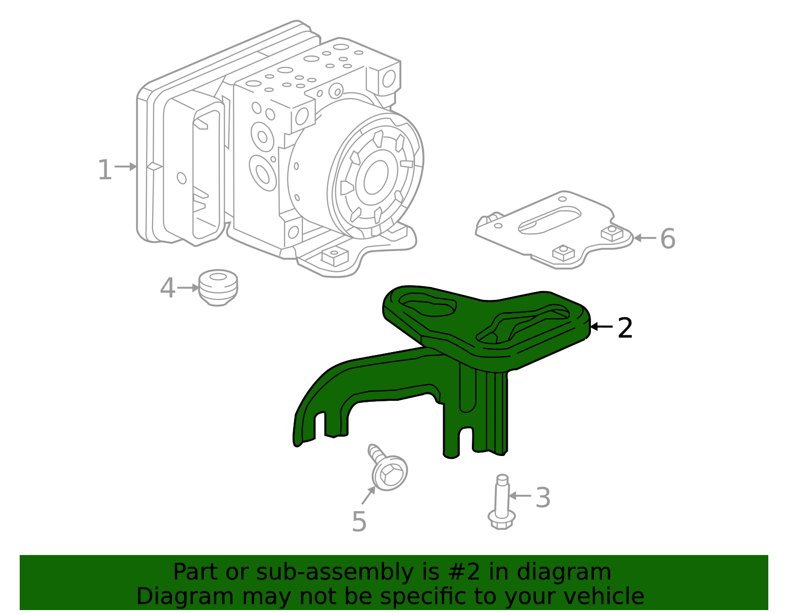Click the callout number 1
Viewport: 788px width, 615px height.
click(104, 170)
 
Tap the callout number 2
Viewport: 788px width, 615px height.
click(624, 328)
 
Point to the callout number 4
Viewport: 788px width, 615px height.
click(167, 288)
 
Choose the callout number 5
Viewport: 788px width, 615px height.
click(359, 521)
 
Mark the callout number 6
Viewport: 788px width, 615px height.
click(667, 239)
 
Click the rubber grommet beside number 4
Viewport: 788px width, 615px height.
click(218, 287)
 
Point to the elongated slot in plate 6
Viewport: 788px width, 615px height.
click(550, 220)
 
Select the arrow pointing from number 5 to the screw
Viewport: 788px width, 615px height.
click(368, 495)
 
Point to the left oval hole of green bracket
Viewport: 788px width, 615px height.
click(427, 306)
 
